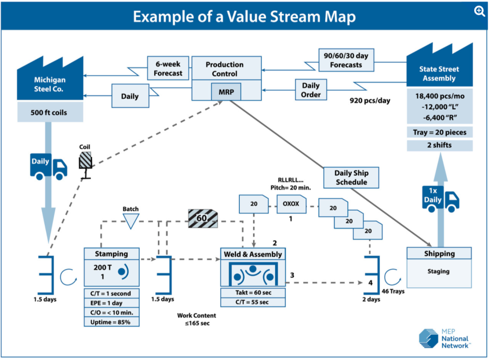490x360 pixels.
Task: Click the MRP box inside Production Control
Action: tap(226, 91)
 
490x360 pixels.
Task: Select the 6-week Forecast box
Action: tap(168, 68)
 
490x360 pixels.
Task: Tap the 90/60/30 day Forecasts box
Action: tap(346, 59)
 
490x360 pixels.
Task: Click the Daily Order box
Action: tap(311, 90)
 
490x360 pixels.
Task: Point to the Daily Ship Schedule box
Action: tap(351, 178)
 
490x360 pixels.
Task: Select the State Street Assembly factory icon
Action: tap(439, 67)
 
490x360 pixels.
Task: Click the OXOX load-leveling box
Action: tap(291, 204)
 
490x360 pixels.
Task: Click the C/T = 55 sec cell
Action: tap(253, 302)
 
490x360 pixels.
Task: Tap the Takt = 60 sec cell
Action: tap(253, 292)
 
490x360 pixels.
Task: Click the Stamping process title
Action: tap(111, 254)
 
